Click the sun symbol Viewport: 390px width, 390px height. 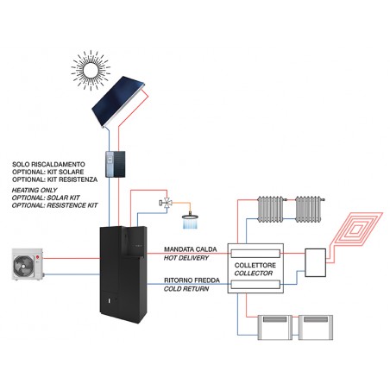tap(91, 70)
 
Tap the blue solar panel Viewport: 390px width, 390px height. tap(118, 102)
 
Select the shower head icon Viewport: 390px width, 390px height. tap(191, 221)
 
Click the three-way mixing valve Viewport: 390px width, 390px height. tap(166, 203)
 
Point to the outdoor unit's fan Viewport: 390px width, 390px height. tap(23, 265)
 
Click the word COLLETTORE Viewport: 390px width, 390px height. tap(255, 265)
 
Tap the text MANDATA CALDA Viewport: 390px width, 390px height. tap(191, 249)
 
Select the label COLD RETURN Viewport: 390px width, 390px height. tap(186, 289)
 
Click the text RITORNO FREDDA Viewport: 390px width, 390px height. tap(192, 280)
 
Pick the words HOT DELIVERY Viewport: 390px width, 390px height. tap(186, 258)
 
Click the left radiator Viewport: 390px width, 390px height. tap(270, 210)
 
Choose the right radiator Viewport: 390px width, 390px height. tap(309, 210)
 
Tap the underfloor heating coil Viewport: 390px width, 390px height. tap(356, 230)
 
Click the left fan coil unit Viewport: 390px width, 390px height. tap(275, 328)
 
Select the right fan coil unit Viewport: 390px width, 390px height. tap(316, 328)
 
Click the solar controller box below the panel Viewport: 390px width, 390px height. tap(116, 164)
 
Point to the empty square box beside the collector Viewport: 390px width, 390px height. tap(315, 262)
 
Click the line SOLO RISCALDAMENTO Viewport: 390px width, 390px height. tap(48, 165)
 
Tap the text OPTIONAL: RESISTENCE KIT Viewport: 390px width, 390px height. tap(55, 205)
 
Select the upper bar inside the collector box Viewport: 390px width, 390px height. tap(255, 254)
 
